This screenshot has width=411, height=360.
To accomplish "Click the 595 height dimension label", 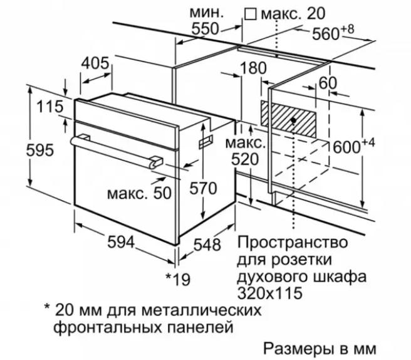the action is point(40,151).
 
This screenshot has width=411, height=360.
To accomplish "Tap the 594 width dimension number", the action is point(121,242).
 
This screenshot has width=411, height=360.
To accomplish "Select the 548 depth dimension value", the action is point(207,245).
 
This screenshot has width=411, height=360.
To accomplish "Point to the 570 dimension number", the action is point(203,188).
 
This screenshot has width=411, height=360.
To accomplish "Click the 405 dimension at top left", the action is point(95,63).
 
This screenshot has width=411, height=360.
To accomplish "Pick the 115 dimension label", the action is point(49,107).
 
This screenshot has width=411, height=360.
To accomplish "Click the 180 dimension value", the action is point(252,68).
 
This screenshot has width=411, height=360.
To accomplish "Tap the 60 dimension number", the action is point(328,83).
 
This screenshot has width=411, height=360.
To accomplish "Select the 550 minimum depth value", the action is point(204,29).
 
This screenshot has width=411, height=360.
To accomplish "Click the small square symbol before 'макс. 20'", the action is point(251,14).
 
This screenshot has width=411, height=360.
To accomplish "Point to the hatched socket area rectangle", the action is point(288,120).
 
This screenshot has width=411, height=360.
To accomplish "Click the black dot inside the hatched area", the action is point(293,120).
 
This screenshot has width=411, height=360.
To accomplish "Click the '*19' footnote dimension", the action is point(178,279).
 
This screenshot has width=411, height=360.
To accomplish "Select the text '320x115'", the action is point(270,293).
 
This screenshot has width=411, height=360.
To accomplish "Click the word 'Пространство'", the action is point(293,243).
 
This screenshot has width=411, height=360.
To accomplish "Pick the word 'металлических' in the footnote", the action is point(202,310).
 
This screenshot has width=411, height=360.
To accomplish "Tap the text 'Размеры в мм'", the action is point(320,349).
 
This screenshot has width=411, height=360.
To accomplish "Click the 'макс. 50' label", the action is point(139,193).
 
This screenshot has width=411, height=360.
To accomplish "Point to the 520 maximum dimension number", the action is point(245,159).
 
